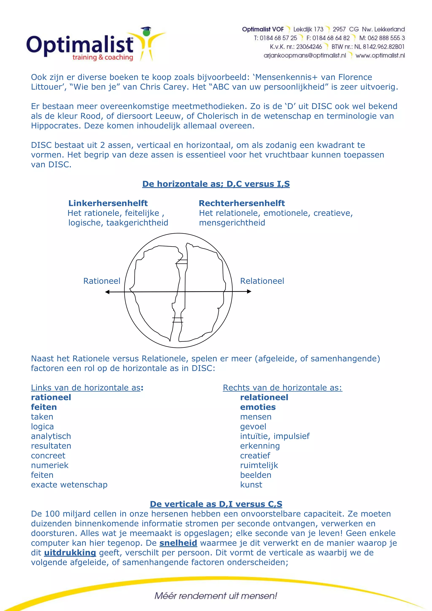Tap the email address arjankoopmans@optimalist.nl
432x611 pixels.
tap(305, 55)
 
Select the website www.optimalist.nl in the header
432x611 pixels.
tap(380, 55)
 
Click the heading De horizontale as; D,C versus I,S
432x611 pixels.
tap(216, 184)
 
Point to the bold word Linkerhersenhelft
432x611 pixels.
tap(108, 203)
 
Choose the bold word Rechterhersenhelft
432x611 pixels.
tap(242, 203)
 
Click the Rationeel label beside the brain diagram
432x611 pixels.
tap(102, 281)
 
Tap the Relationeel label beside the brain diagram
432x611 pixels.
tap(262, 281)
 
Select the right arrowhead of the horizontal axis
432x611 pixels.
tap(249, 292)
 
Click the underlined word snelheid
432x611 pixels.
tap(178, 543)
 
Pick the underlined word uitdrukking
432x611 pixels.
tap(70, 553)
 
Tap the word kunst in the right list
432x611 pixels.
tap(251, 485)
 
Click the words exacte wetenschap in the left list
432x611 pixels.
tap(69, 485)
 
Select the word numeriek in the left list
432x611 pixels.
tap(50, 466)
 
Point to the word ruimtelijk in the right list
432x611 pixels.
tap(259, 466)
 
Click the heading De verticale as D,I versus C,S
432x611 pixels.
tap(216, 504)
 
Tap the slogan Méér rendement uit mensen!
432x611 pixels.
tap(216, 596)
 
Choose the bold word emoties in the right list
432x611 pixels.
tap(258, 407)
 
